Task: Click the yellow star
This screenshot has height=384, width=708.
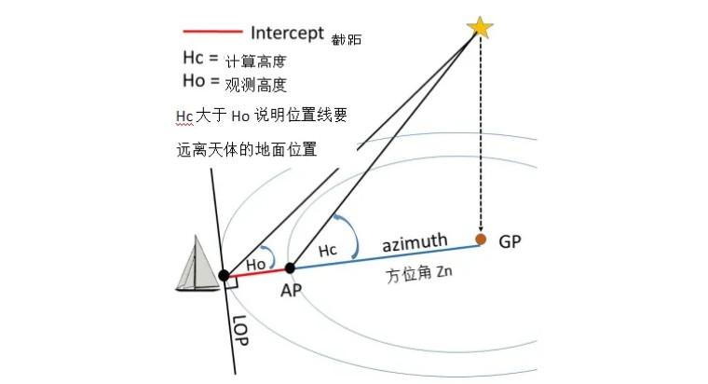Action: pyautogui.click(x=480, y=27)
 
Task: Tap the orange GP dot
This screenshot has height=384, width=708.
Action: pyautogui.click(x=481, y=240)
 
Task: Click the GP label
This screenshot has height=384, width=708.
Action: pyautogui.click(x=511, y=241)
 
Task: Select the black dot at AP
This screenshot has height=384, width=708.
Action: pyautogui.click(x=290, y=267)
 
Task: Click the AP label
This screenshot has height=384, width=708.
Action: pyautogui.click(x=292, y=290)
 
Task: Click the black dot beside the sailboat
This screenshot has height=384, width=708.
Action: pyautogui.click(x=224, y=275)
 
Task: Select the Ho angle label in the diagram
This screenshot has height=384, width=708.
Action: pyautogui.click(x=256, y=265)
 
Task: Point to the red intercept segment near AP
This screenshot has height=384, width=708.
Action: pyautogui.click(x=256, y=271)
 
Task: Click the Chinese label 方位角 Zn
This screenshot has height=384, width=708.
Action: pyautogui.click(x=419, y=277)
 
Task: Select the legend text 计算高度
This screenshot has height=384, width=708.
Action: pyautogui.click(x=254, y=62)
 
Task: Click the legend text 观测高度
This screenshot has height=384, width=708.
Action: pyautogui.click(x=254, y=84)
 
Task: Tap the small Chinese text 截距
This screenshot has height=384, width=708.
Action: pyautogui.click(x=347, y=40)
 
